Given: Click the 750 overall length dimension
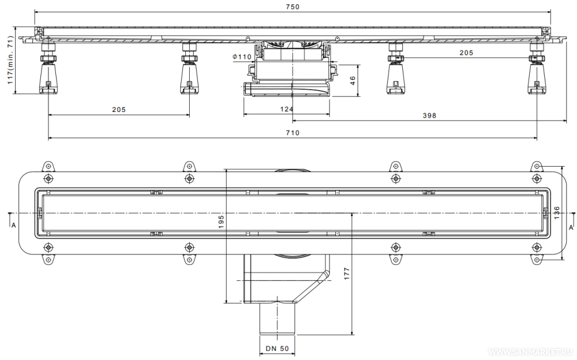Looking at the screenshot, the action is click(x=293, y=6).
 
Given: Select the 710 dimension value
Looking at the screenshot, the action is click(x=293, y=133).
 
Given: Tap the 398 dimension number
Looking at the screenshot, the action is click(x=429, y=115).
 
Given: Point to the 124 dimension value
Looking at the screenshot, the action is click(x=287, y=109).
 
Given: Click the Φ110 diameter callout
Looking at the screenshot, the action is click(x=242, y=57).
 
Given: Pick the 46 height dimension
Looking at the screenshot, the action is click(x=353, y=81).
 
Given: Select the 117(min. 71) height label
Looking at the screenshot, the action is click(x=10, y=60).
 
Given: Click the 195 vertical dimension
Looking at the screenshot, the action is click(x=221, y=222).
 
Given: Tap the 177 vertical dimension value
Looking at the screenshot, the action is click(x=347, y=274).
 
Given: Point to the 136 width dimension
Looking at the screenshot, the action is click(x=556, y=213).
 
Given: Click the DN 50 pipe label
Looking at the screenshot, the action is click(x=278, y=348).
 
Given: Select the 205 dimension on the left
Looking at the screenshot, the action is click(x=119, y=109).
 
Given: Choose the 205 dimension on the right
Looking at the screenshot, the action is click(x=466, y=52).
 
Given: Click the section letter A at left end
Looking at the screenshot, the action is click(x=14, y=225).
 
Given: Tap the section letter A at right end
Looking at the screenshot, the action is click(x=571, y=227).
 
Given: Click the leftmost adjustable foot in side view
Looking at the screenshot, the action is click(x=48, y=68).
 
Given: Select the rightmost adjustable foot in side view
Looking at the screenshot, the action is click(x=537, y=68).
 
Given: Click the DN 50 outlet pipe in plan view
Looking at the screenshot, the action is click(x=278, y=318).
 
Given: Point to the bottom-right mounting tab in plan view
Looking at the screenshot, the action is click(x=537, y=260).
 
